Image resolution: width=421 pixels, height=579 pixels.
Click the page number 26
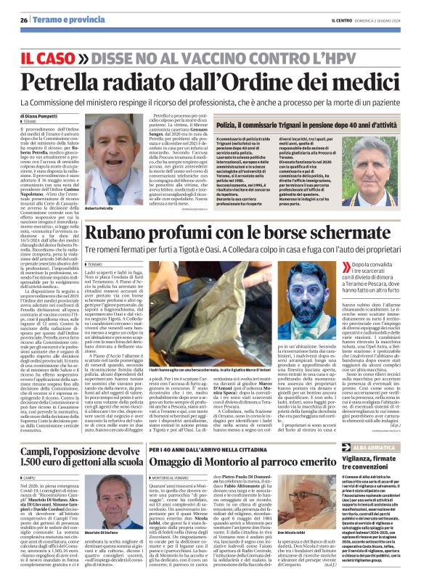point(23,20)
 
